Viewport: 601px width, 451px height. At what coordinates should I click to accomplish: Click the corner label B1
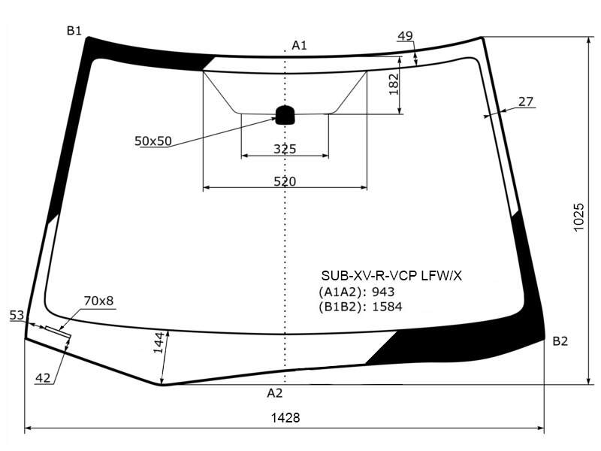pyautogui.click(x=74, y=30)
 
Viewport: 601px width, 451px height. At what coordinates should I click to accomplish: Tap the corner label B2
pyautogui.click(x=560, y=341)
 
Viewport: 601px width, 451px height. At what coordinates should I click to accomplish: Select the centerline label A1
pyautogui.click(x=299, y=45)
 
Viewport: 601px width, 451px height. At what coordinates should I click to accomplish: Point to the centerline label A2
pyautogui.click(x=275, y=392)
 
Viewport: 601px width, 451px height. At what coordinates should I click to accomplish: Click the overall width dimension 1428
pyautogui.click(x=285, y=417)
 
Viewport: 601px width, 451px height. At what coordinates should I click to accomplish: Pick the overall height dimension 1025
pyautogui.click(x=578, y=217)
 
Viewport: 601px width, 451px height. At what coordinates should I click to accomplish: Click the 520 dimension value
pyautogui.click(x=285, y=181)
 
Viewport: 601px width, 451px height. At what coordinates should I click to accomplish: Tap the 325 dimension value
pyautogui.click(x=285, y=149)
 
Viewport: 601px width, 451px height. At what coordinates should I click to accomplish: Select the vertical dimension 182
pyautogui.click(x=394, y=84)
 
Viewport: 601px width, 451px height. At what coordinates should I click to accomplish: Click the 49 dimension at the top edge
pyautogui.click(x=405, y=35)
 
